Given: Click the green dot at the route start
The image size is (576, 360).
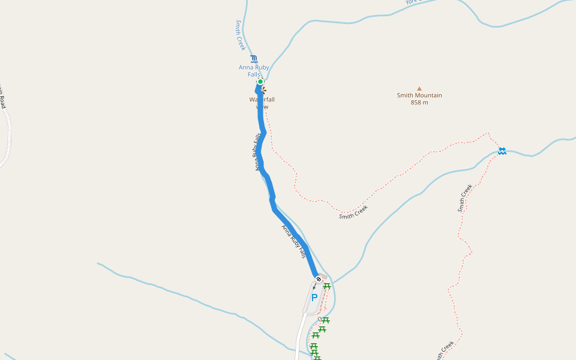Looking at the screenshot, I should coord(260,82).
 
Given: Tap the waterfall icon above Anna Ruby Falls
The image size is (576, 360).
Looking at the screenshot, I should coord(254,58).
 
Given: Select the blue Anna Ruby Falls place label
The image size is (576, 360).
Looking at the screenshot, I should coord(254,71).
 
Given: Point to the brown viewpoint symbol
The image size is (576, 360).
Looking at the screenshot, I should coord(263,90).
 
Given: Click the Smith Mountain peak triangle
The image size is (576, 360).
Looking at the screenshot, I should coord(419,88).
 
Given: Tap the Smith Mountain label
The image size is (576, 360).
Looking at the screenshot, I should coord(419,95).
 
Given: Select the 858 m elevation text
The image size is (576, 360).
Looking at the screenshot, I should coord(419,103).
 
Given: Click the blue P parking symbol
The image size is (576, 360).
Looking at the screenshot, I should coord(314,298).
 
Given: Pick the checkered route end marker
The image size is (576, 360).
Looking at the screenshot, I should coord(318,278).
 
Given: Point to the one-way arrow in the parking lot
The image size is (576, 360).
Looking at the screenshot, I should coord(314,287).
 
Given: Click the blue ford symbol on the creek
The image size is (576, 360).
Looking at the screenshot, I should coord(502,151).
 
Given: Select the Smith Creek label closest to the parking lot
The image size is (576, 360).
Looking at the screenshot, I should coord(353,212).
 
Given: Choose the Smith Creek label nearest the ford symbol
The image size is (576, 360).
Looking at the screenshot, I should coord(465,197).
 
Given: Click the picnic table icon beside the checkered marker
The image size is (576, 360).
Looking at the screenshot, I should coord(327,286).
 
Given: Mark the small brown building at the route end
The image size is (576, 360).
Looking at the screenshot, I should coord(323,277).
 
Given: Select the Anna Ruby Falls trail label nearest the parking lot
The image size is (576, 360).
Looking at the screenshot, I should coord(294,241).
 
